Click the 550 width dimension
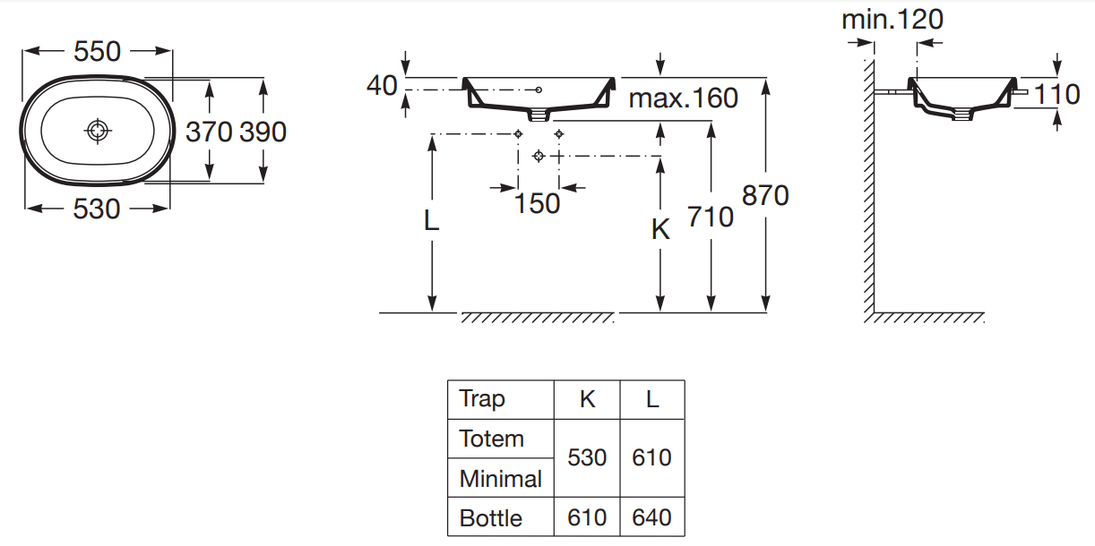click(x=97, y=52)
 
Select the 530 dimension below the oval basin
click(x=97, y=209)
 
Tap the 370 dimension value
click(x=210, y=132)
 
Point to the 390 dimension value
click(x=263, y=132)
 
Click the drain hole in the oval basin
click(x=98, y=132)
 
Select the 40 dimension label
click(x=382, y=86)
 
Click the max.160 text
click(x=683, y=98)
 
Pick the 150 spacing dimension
click(x=537, y=204)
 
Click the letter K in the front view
click(x=660, y=230)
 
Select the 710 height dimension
click(x=711, y=217)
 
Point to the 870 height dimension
click(x=765, y=195)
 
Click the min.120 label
click(x=892, y=20)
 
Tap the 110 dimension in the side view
click(x=1057, y=93)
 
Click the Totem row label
click(x=491, y=439)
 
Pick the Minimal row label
click(x=500, y=479)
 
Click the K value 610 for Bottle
click(x=587, y=518)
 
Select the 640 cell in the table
click(x=651, y=518)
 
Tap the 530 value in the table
click(x=587, y=458)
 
